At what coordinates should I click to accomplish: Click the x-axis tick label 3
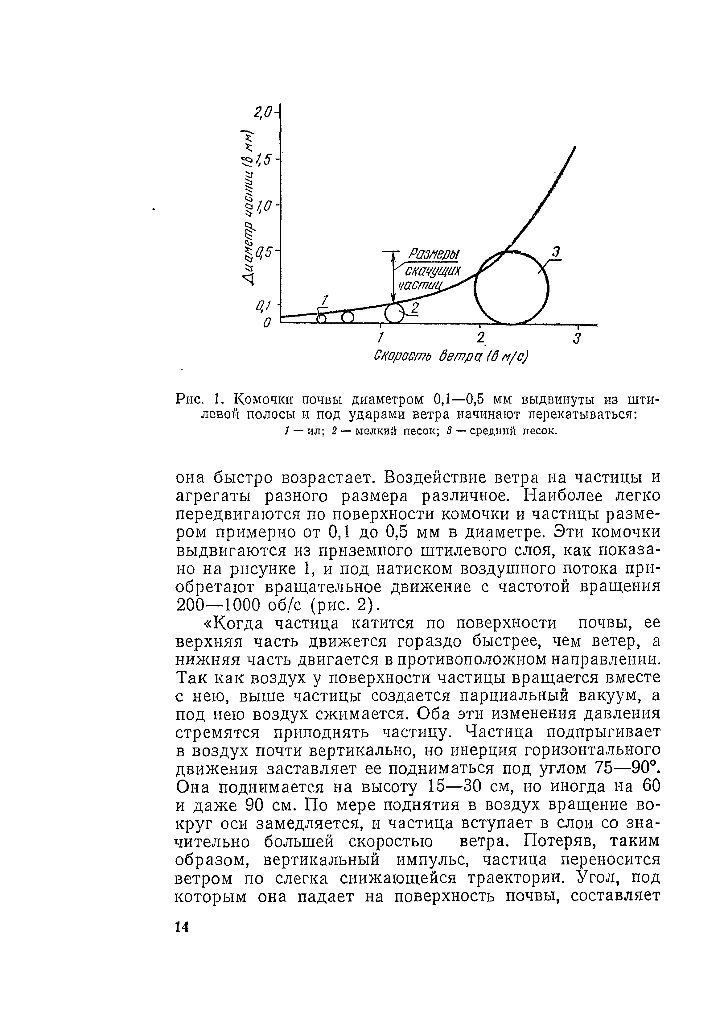click(577, 338)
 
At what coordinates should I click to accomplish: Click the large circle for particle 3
click(511, 288)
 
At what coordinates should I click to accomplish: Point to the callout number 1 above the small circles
click(325, 300)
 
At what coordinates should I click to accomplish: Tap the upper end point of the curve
click(575, 147)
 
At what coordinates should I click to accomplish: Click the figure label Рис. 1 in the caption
click(196, 397)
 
